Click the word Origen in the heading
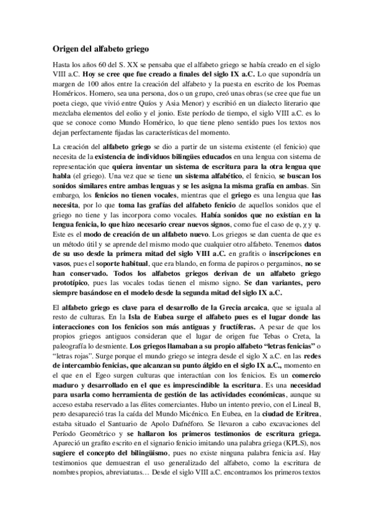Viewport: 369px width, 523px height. pos(65,48)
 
